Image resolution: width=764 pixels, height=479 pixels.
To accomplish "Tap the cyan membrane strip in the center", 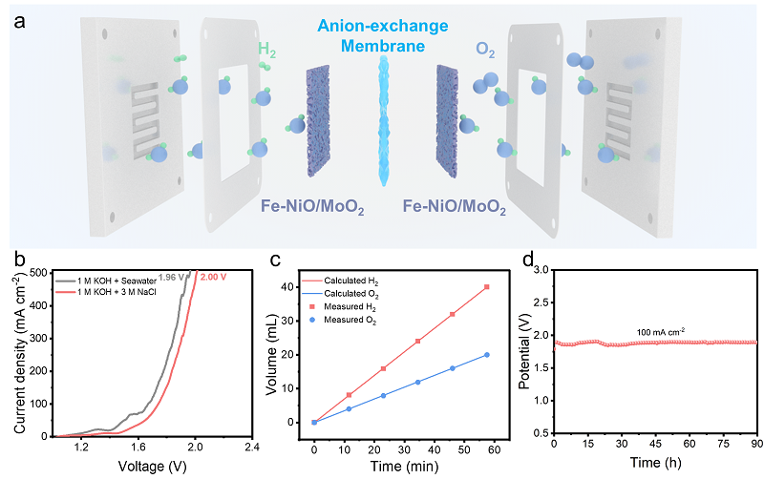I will pyautogui.click(x=384, y=124).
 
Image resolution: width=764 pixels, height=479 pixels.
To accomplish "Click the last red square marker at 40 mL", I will pyautogui.click(x=487, y=287).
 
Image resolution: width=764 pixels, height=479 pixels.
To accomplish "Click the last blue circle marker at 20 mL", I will pyautogui.click(x=487, y=355).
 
